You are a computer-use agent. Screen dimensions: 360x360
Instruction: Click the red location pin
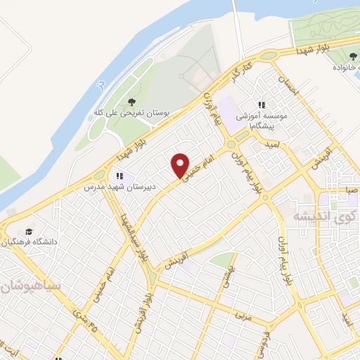[x=181, y=165]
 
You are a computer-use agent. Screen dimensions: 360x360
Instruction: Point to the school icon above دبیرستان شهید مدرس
[x=120, y=176]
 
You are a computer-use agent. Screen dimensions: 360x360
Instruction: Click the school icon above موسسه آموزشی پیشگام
[x=262, y=105]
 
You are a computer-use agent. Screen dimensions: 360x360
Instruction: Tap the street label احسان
[x=288, y=86]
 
